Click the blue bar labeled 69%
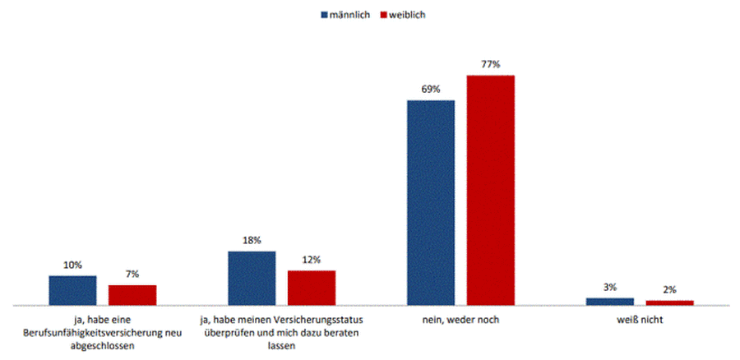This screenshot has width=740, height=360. click(431, 202)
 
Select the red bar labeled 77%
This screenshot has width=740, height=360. click(490, 190)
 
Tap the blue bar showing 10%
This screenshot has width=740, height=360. click(72, 290)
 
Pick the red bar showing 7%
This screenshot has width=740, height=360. click(132, 295)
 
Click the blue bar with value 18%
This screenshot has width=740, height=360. click(252, 278)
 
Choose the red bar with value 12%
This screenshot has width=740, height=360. click(311, 288)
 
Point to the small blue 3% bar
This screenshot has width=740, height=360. click(610, 302)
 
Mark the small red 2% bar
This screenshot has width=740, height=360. click(670, 302)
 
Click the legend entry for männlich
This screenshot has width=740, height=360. click(345, 15)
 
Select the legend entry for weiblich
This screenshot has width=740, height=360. click(403, 15)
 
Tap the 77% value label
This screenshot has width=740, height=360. click(491, 63)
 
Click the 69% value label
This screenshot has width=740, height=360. click(431, 89)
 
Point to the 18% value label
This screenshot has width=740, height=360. click(252, 240)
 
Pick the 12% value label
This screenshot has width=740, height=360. click(311, 259)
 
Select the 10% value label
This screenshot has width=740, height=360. click(72, 265)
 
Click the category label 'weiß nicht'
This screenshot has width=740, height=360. click(640, 319)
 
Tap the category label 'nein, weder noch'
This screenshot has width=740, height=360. click(460, 319)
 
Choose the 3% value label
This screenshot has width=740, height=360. click(610, 287)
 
